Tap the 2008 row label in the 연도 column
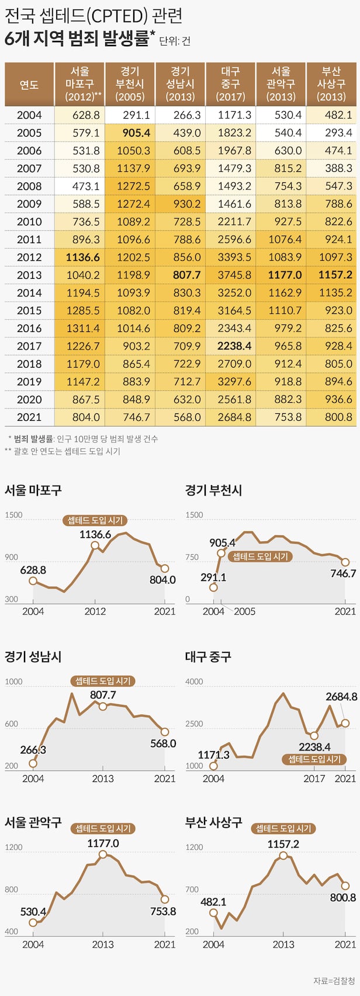(29, 186)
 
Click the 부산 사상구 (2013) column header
(331, 84)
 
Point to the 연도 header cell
(29, 84)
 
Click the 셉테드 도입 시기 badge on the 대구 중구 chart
(314, 759)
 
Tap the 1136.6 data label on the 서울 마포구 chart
(95, 534)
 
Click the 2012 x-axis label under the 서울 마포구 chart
(95, 611)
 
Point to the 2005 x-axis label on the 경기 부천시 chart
(244, 611)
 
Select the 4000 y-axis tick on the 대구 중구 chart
(194, 682)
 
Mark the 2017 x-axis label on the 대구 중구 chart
(314, 779)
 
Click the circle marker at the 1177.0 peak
(103, 855)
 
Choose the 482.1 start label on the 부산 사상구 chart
(213, 902)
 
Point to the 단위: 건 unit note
(174, 41)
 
